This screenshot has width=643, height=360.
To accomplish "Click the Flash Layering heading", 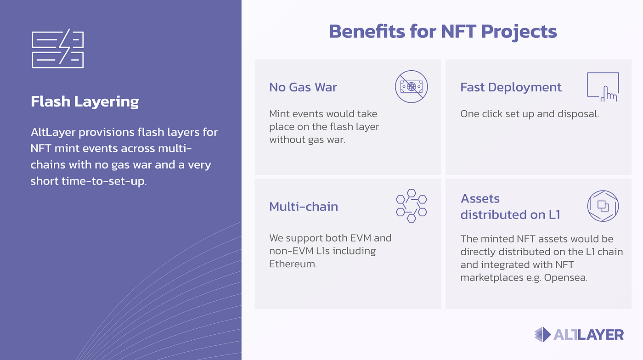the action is (x=85, y=102).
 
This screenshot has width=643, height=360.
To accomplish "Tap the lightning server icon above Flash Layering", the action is (x=58, y=49).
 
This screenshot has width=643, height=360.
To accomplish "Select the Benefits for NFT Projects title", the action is (x=443, y=32).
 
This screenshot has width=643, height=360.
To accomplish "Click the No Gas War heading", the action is (x=303, y=87).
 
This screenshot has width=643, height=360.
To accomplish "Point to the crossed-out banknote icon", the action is (x=412, y=86).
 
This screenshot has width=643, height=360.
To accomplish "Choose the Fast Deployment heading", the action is (x=511, y=87).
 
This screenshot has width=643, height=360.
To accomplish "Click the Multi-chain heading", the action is (x=304, y=207).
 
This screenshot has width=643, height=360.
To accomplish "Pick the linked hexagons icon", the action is (x=412, y=206).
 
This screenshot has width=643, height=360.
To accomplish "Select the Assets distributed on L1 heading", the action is (x=510, y=207).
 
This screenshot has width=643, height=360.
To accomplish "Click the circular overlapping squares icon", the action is (x=603, y=206).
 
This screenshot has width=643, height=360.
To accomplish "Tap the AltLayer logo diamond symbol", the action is (x=542, y=334).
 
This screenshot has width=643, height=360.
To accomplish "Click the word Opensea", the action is (x=565, y=278).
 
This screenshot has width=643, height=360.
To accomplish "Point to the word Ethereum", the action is (x=293, y=264).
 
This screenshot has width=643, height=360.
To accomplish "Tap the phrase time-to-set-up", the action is (x=104, y=181).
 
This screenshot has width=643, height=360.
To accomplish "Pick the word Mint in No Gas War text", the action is (x=279, y=114).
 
